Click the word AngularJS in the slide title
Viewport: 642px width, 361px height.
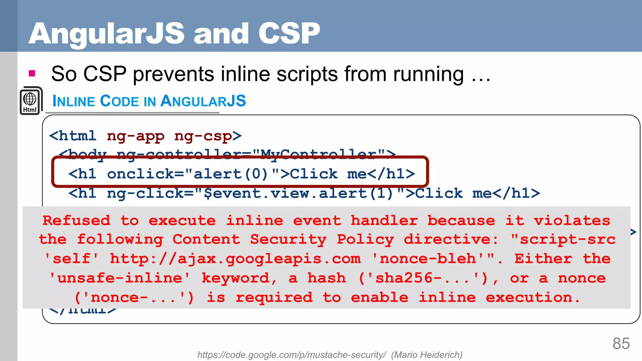click(x=107, y=34)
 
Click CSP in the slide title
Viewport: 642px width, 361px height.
click(x=289, y=33)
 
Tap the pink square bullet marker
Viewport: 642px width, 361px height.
click(x=32, y=74)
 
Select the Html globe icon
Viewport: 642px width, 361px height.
click(x=30, y=101)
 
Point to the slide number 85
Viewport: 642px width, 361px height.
click(x=621, y=343)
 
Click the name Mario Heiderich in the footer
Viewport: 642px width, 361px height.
click(x=427, y=355)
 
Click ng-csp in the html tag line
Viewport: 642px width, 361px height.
click(x=203, y=136)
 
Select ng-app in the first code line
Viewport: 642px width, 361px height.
click(x=135, y=136)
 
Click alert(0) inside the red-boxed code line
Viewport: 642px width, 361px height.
click(x=231, y=174)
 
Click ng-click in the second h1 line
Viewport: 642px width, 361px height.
click(x=145, y=193)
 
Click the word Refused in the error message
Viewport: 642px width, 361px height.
click(x=76, y=220)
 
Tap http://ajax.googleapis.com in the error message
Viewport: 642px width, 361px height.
click(x=235, y=259)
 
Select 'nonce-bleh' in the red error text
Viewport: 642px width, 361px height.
click(x=429, y=259)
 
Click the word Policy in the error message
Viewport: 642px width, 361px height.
click(x=365, y=240)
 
